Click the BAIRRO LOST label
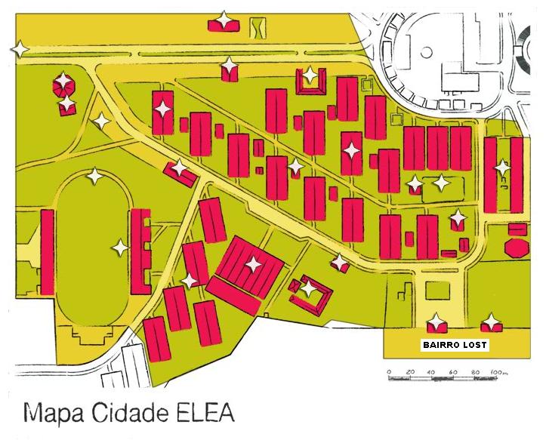point(455,346)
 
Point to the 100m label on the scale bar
point(499,372)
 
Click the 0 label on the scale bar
point(388,372)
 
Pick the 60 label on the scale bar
point(453,372)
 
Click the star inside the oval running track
point(119,247)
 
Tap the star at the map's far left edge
point(19,49)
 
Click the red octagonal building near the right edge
point(518,248)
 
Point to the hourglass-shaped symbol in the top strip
point(259,26)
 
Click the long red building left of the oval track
point(48,251)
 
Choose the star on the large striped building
point(252,264)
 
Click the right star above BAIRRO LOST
point(492,322)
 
